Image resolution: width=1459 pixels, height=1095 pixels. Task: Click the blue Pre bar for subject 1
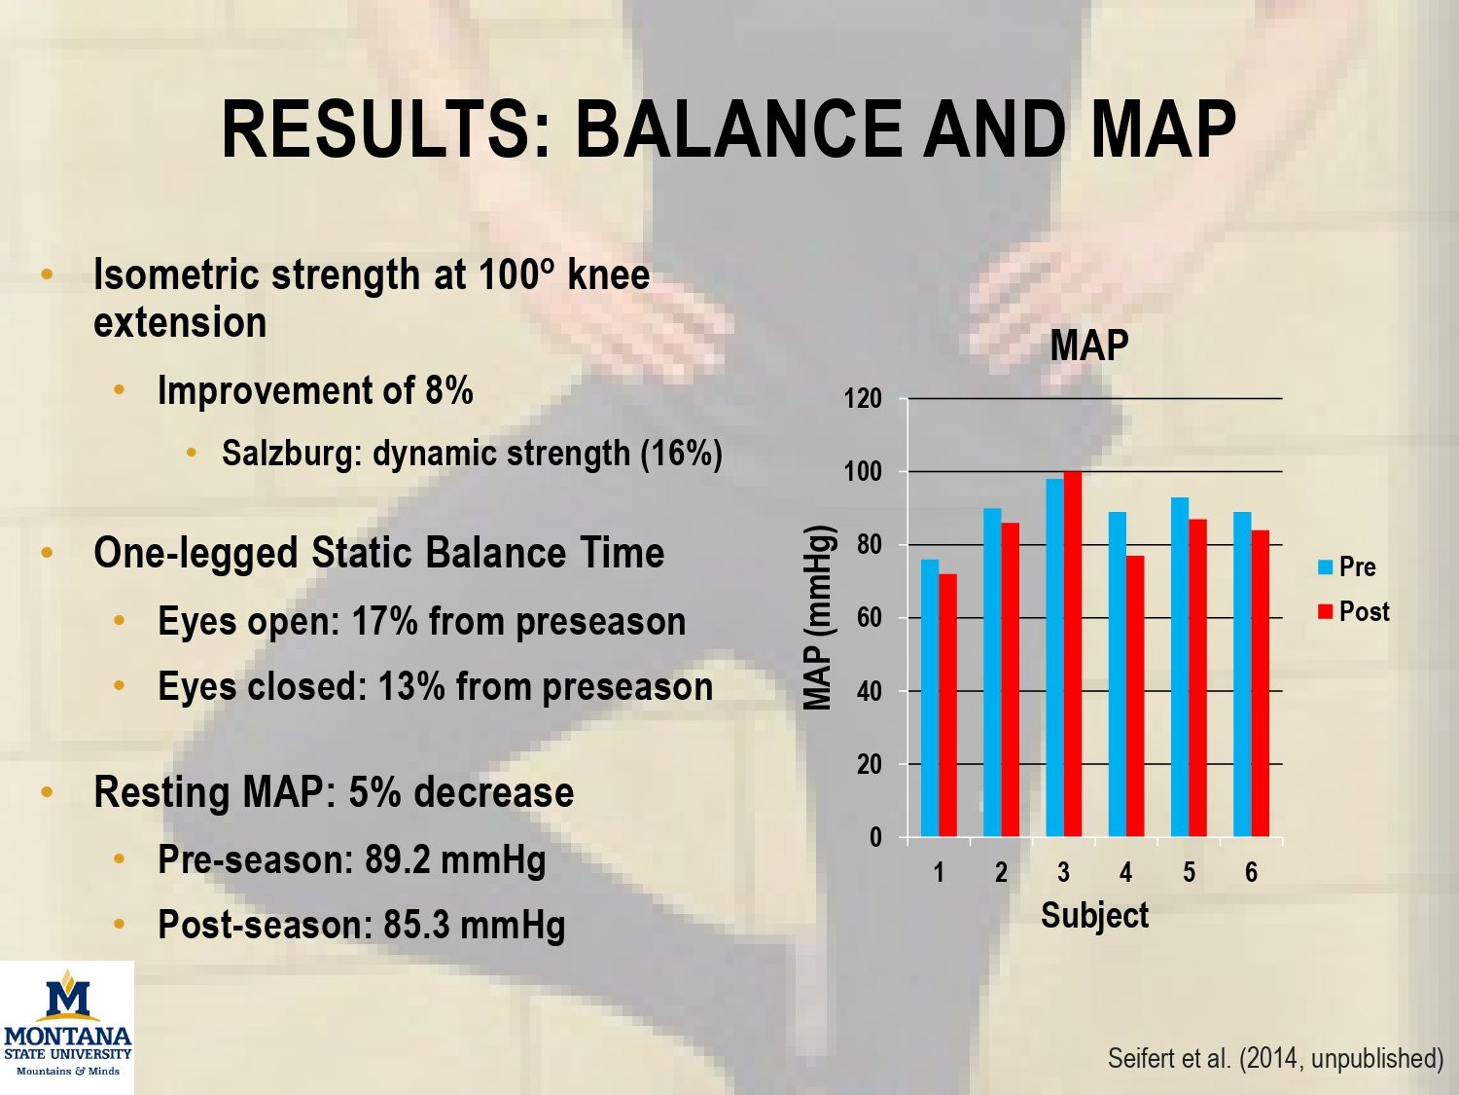(930, 698)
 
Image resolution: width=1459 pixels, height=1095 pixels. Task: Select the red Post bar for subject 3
(1073, 653)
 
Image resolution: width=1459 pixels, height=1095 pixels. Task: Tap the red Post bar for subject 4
(1135, 696)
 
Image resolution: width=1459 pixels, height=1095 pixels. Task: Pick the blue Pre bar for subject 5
(1180, 667)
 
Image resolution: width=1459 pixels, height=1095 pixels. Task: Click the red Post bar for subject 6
(1261, 683)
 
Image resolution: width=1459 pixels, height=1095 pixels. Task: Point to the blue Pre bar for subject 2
(992, 673)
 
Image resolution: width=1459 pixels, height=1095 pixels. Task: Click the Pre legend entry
(1347, 567)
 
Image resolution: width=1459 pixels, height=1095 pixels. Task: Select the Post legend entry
(1353, 611)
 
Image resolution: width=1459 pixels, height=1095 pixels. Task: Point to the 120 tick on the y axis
(862, 399)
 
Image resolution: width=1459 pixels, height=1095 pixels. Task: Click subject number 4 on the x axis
(1125, 871)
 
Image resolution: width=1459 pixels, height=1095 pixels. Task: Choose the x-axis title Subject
(1095, 916)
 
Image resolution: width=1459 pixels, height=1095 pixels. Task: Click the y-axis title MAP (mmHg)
(818, 618)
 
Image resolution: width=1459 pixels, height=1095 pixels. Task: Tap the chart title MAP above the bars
(1089, 346)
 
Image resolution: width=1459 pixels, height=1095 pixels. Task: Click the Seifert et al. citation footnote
(1275, 1058)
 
